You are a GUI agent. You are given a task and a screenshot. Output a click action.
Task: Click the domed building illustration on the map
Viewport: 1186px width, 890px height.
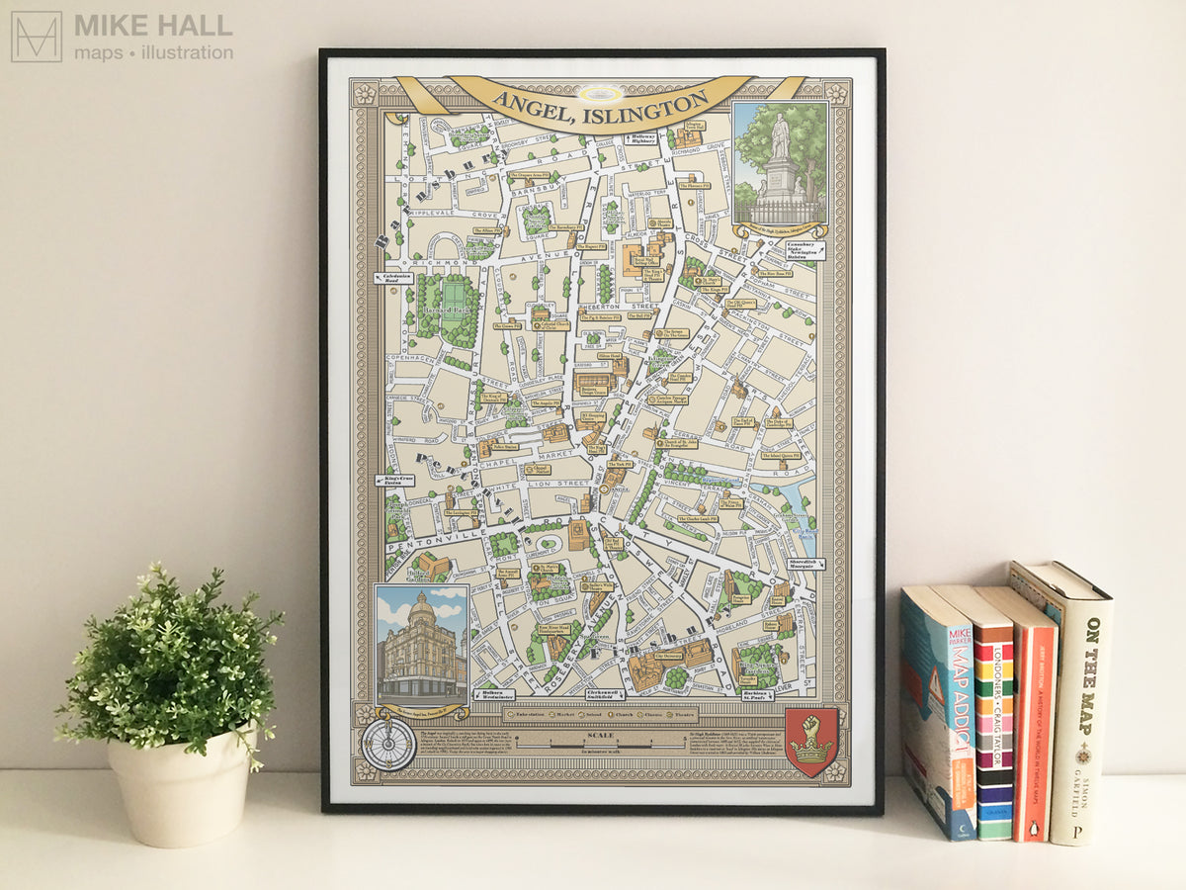point(421,644)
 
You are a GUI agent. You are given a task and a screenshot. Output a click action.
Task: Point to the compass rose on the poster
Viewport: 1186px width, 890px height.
point(387,743)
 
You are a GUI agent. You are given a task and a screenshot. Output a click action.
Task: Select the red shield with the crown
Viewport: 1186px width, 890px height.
point(812,741)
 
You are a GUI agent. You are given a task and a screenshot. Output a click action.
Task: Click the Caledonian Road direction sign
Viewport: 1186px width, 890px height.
point(393,279)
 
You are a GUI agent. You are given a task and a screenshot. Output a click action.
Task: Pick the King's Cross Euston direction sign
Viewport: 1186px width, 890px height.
point(394,481)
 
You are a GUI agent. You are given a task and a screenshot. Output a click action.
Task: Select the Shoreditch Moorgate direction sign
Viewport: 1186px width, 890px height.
point(805,564)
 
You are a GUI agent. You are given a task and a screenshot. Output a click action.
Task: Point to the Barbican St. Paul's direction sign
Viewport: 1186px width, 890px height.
point(758,695)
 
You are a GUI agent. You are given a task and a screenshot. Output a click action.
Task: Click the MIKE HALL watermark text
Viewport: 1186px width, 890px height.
point(153,26)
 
